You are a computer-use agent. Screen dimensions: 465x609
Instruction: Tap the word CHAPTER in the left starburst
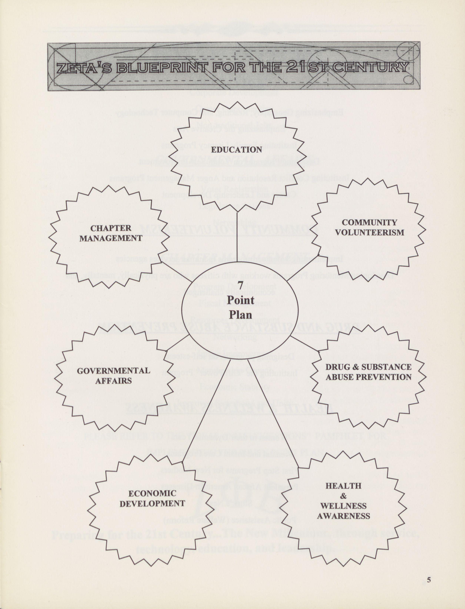click(111, 228)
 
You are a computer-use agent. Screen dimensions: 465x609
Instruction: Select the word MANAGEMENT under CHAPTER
click(111, 238)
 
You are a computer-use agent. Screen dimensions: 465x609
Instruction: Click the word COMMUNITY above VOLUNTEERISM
click(369, 222)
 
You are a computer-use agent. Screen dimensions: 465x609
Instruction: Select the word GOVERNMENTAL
click(114, 371)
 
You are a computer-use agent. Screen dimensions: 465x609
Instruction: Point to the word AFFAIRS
click(114, 381)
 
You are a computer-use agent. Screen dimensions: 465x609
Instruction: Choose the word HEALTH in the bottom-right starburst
click(343, 486)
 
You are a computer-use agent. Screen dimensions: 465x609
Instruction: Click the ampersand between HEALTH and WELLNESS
click(343, 496)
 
